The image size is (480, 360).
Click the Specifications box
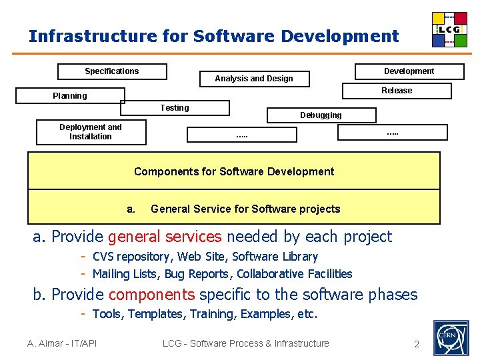112,71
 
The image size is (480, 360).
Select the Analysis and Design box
254,79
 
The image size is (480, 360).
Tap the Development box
409,71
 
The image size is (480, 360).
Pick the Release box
397,91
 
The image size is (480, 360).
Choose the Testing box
175,108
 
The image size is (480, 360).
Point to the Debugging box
321,115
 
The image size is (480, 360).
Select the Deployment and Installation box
91,132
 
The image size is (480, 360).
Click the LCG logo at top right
449,29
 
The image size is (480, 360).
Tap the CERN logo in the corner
451,337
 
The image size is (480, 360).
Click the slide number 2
417,344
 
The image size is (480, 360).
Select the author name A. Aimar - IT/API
62,343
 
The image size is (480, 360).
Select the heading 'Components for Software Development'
234,171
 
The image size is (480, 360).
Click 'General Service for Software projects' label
245,209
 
